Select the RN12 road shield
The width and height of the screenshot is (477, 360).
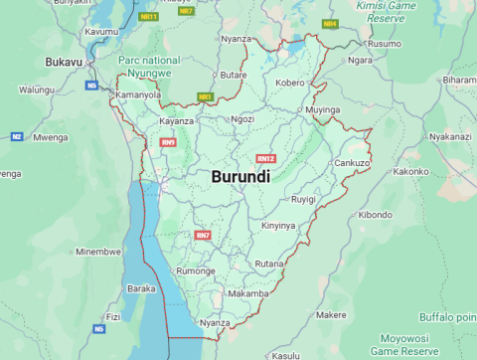click(265, 159)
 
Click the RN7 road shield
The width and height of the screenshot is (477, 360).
click(203, 235)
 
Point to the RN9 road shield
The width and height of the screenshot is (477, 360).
click(168, 142)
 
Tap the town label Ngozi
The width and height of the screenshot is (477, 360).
click(242, 119)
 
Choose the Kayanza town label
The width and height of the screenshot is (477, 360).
click(177, 120)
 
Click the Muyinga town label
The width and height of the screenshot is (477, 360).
click(323, 108)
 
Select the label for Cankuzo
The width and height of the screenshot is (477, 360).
click(352, 162)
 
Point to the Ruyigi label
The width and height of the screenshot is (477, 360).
click(303, 200)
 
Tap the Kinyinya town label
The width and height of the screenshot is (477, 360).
click(278, 226)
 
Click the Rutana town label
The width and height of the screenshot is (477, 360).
click(269, 264)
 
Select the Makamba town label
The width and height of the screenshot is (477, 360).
click(248, 294)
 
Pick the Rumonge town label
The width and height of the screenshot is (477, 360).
click(195, 270)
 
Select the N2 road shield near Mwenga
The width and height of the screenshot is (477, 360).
click(17, 136)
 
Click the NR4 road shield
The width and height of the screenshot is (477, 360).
click(330, 23)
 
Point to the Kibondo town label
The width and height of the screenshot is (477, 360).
click(376, 214)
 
